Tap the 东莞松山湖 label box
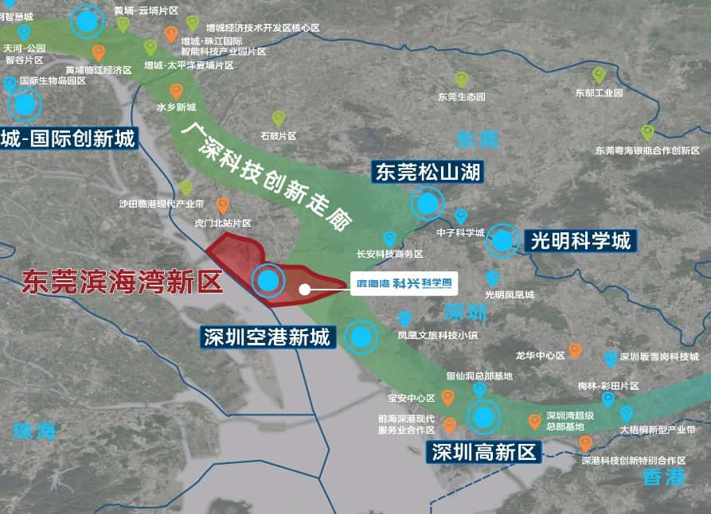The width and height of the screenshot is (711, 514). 428,172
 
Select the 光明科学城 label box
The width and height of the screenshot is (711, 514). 580,239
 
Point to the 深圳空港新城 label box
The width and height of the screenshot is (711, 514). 266,337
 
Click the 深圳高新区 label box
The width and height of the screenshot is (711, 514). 483,452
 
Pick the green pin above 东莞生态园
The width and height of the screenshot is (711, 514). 462,80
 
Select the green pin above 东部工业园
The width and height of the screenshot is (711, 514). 599,76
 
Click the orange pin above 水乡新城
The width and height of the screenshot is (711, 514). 176,91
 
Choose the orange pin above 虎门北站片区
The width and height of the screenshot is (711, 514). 223,205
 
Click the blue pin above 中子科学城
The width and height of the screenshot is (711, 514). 460,216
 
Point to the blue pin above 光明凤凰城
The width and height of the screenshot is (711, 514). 493,278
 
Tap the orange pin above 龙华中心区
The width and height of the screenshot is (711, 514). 574,351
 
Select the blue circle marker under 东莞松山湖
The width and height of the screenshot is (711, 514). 428,204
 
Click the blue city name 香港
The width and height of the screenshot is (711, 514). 664,477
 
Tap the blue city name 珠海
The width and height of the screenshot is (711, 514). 36,431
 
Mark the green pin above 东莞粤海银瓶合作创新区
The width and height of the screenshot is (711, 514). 647,132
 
